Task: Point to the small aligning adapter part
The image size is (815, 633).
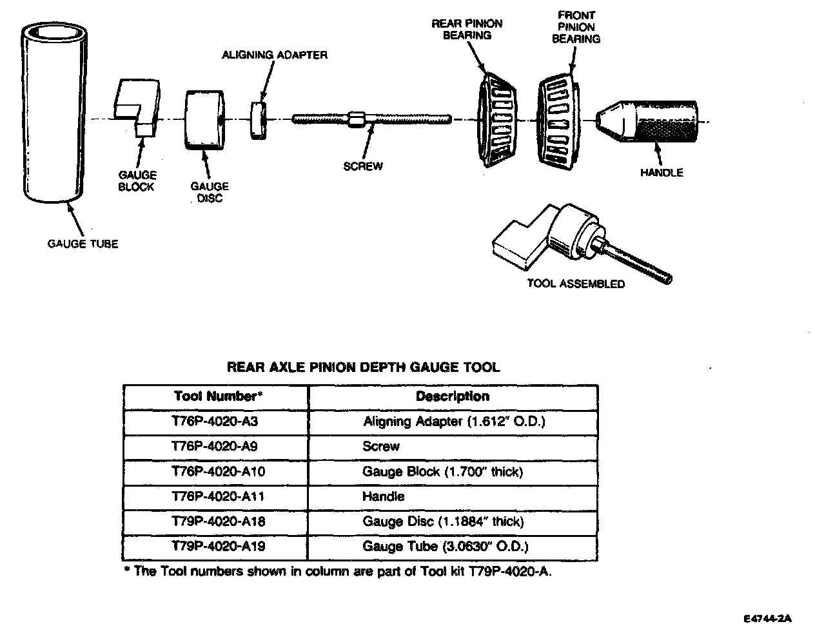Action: point(259,119)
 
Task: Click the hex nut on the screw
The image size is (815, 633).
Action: point(357,119)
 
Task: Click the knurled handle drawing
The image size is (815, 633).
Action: point(651,120)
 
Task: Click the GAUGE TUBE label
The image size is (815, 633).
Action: point(83,244)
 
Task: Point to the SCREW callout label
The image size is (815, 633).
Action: point(362,166)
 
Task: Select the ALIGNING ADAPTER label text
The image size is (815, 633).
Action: point(274,55)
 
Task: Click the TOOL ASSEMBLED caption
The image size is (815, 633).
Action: point(575,284)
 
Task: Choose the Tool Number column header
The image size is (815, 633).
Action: point(218,396)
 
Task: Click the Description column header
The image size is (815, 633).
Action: point(452,396)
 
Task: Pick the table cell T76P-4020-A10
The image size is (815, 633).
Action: point(218,472)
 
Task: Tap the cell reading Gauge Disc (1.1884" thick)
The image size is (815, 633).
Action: point(443,521)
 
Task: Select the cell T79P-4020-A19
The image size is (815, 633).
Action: point(218,547)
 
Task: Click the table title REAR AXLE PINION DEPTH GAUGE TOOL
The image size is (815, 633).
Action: point(362,367)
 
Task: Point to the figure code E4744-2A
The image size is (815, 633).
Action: point(767,618)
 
